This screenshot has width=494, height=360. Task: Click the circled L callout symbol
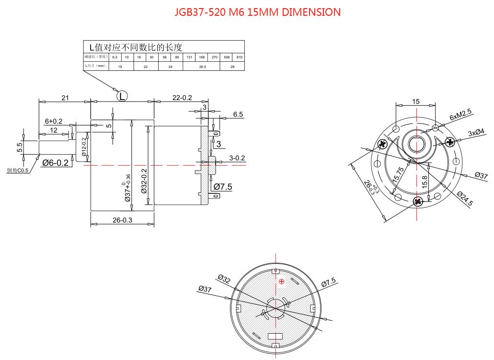coord(123,96)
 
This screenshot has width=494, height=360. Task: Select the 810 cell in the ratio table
coord(239,57)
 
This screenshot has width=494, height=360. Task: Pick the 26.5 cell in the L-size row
coord(202,67)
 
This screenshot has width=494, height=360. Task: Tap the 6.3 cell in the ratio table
coord(115,57)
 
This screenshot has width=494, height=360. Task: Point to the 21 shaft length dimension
coord(65,98)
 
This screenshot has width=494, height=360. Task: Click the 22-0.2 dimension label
coord(182,98)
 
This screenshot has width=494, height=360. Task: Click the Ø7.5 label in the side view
coord(223,187)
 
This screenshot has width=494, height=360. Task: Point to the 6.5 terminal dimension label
coord(238,114)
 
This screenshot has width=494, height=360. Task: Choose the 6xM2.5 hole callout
coord(460,115)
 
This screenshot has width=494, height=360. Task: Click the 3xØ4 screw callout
coord(476,132)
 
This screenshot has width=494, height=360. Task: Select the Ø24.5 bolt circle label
coord(464,198)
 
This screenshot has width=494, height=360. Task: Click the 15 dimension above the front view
coord(415,101)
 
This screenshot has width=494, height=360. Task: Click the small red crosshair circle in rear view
coord(282,281)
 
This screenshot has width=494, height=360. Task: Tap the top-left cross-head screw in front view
coord(382,144)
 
